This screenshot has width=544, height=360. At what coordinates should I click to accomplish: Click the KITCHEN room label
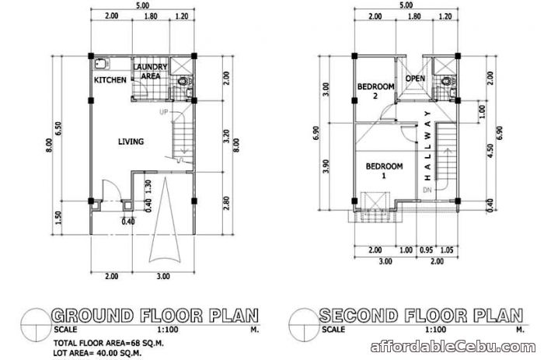[110, 80]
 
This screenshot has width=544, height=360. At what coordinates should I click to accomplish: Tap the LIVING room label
[129, 142]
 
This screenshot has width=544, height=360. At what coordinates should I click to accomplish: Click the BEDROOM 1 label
[384, 171]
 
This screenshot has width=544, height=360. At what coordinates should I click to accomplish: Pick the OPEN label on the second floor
[415, 79]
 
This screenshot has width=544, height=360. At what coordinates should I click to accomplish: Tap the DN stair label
[426, 190]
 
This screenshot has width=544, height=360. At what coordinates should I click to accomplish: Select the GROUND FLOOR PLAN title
[154, 316]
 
